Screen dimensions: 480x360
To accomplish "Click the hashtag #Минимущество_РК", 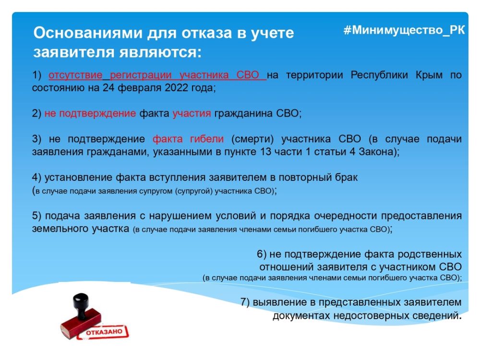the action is tap(404, 30).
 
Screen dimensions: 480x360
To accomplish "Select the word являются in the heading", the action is tap(160, 52).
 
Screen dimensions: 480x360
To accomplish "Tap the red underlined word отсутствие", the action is tap(75, 75).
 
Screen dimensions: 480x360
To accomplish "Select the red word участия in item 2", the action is tap(192, 114).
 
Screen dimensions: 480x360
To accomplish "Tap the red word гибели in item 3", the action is tap(207, 139).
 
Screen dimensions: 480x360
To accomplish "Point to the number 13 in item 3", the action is tap(266, 152).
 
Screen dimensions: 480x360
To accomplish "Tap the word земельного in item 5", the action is tap(56, 228).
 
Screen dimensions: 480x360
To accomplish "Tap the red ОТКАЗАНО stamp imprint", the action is tap(104, 332).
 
